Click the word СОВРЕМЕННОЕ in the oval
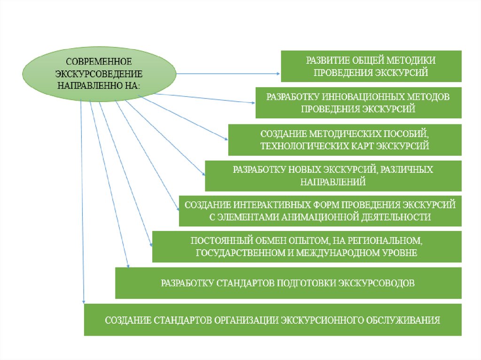tap(99, 62)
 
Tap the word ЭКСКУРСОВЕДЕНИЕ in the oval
tap(99, 74)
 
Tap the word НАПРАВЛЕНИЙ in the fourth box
tap(333, 182)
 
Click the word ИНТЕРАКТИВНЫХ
tap(270, 205)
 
